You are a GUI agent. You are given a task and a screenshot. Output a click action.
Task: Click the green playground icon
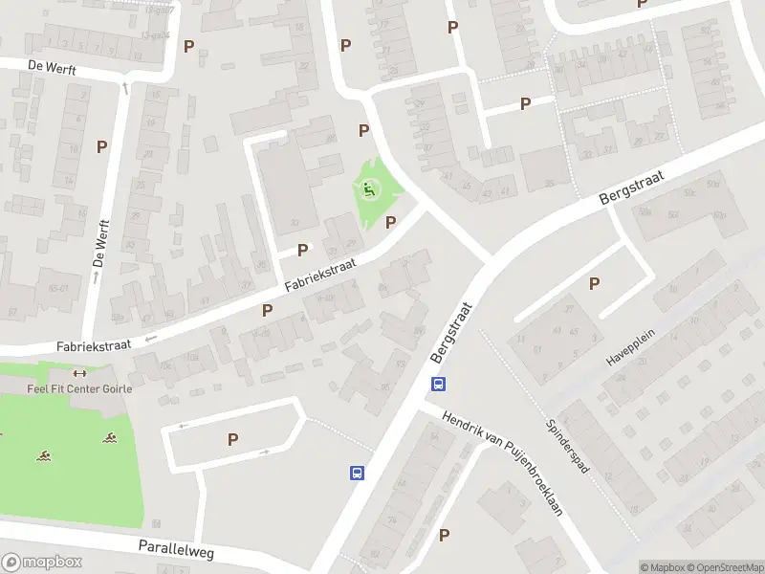tap(369, 189)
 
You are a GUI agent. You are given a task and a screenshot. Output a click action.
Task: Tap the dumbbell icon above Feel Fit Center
tap(79, 374)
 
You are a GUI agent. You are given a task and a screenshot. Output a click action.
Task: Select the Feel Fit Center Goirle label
tap(79, 388)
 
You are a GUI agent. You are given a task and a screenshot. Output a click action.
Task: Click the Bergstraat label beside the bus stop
tap(453, 334)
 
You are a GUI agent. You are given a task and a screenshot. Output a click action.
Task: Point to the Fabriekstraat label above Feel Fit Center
tap(93, 345)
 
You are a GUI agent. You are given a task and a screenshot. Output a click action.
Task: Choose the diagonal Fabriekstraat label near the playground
tap(320, 275)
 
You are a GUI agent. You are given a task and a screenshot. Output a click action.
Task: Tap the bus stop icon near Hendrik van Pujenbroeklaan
tap(438, 385)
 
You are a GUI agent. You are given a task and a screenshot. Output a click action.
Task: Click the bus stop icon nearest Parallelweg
tap(356, 473)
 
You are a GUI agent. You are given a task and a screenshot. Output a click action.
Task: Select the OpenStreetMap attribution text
tap(726, 567)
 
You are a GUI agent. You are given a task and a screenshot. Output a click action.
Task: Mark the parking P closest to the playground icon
tap(390, 222)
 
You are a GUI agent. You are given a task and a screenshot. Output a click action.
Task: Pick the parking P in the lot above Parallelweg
tap(232, 439)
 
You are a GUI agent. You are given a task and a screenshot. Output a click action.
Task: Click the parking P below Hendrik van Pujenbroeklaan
tap(444, 535)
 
